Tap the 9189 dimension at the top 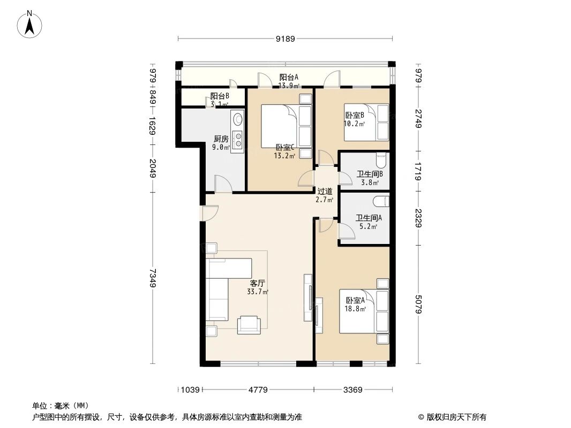(285, 39)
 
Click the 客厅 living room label (258, 287)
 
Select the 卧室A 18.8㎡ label (355, 304)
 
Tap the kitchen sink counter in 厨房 (237, 132)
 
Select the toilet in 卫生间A (381, 201)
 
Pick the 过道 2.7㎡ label (325, 195)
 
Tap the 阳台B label (219, 100)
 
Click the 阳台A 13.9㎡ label (288, 81)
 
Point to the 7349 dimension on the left (153, 278)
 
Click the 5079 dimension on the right (418, 304)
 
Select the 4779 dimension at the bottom (258, 389)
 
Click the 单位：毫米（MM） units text (60, 406)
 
